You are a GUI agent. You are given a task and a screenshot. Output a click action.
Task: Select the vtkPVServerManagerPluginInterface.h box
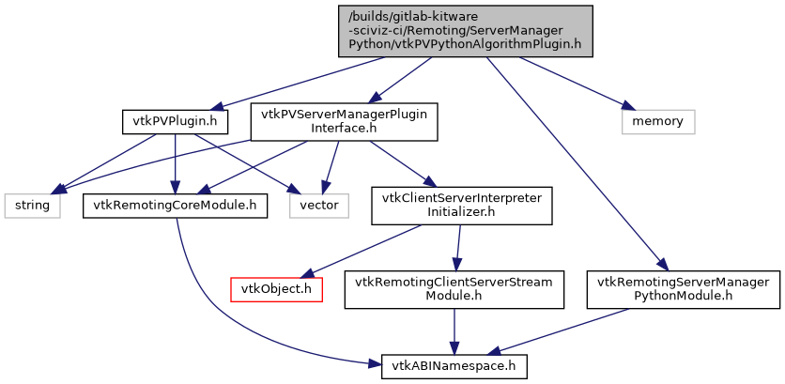[x=344, y=121]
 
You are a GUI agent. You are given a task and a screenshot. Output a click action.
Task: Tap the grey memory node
[x=657, y=121]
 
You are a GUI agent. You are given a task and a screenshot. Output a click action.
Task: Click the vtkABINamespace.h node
[x=454, y=365]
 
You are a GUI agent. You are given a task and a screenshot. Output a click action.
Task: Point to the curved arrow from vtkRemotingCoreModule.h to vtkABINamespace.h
[x=225, y=310]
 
